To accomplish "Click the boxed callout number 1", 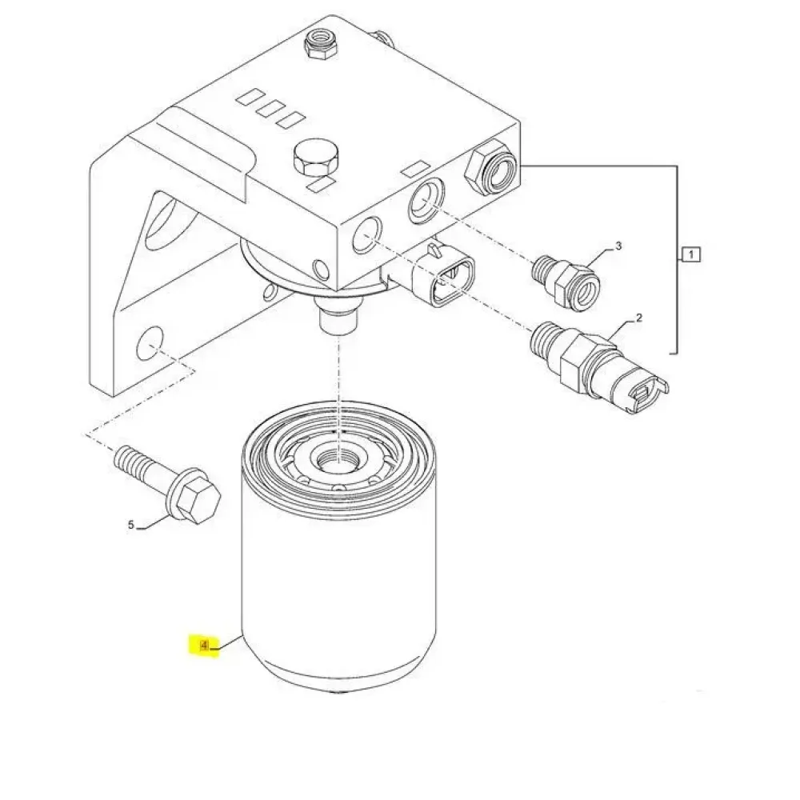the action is coord(691,254).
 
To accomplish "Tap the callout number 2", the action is coord(638,318).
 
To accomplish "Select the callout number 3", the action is coord(618,246).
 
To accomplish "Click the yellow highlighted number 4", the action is coord(204,646).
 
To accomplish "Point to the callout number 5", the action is coord(130,525).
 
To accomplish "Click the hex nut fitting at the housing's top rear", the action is coord(321,44).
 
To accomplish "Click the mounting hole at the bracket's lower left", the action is coord(150,343).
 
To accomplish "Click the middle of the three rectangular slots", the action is coord(270,109).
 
